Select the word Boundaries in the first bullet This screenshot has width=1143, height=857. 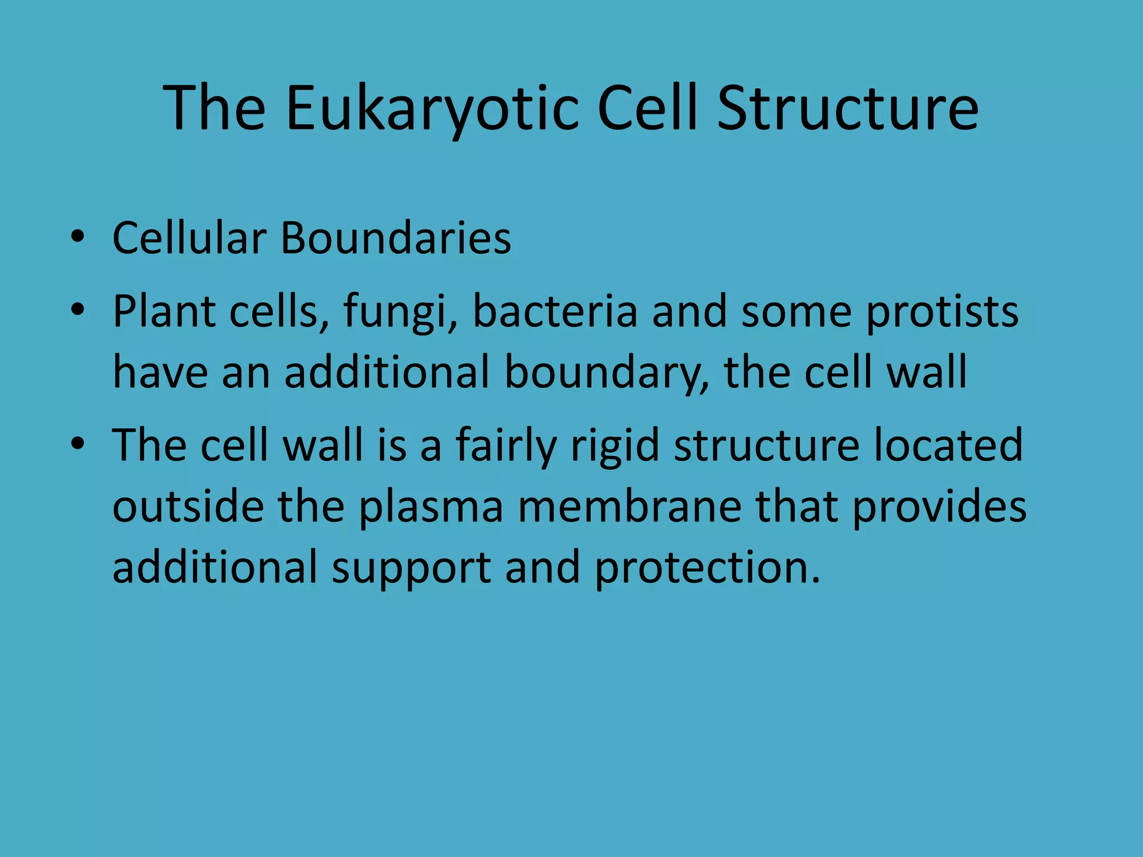pyautogui.click(x=396, y=238)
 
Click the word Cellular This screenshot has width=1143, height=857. pyautogui.click(x=190, y=238)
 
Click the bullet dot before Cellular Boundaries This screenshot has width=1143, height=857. pyautogui.click(x=78, y=237)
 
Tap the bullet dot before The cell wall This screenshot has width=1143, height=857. pyautogui.click(x=78, y=444)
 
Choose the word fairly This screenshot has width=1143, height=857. pyautogui.click(x=506, y=446)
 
